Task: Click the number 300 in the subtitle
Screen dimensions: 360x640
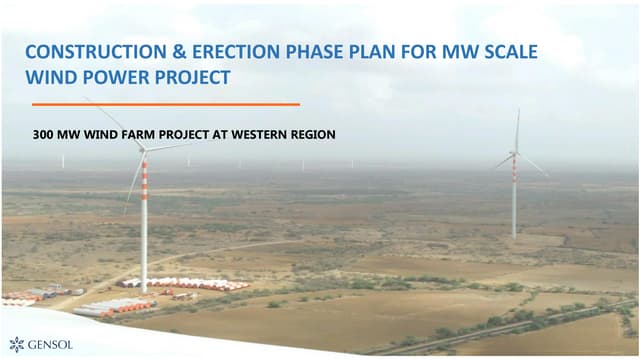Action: pos(43,134)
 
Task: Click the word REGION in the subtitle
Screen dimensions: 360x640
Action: pos(312,134)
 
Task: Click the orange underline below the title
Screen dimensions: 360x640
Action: pos(165,103)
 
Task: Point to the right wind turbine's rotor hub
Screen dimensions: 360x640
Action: pos(515,153)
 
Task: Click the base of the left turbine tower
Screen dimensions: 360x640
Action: pos(144,288)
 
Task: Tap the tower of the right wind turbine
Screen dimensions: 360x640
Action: pos(515,200)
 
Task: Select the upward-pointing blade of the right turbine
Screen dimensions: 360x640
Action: pos(517,130)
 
